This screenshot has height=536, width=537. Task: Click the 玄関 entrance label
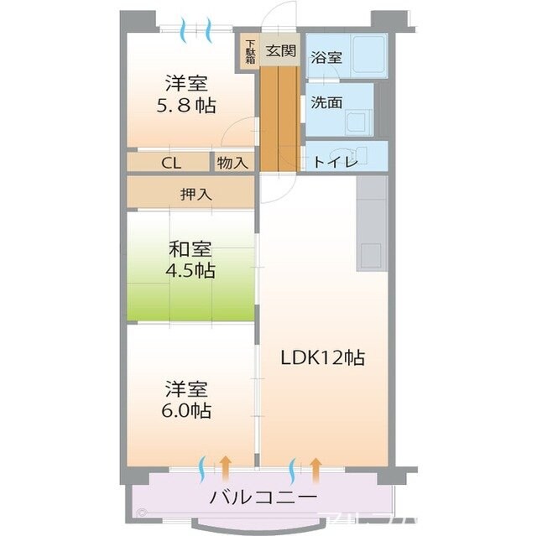(x=281, y=50)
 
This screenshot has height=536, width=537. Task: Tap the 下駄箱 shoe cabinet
(x=250, y=53)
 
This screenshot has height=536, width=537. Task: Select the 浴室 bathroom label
(x=326, y=58)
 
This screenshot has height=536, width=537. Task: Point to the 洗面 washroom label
(x=326, y=102)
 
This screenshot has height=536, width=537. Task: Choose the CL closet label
(x=170, y=163)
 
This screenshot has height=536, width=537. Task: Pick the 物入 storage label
(x=231, y=163)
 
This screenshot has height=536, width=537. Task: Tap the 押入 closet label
(x=196, y=194)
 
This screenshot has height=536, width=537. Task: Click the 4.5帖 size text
(x=190, y=271)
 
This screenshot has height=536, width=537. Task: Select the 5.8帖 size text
(x=186, y=106)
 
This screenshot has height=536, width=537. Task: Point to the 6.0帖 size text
(x=186, y=411)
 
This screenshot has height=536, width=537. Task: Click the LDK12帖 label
(x=322, y=357)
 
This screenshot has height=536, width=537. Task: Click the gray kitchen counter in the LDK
(x=372, y=222)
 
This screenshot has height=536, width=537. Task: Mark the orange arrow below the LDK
(x=316, y=470)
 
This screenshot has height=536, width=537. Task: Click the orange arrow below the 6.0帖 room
(x=226, y=470)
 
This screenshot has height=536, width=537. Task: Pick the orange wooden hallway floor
(x=279, y=117)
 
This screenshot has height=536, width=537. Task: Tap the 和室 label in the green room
(x=190, y=249)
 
